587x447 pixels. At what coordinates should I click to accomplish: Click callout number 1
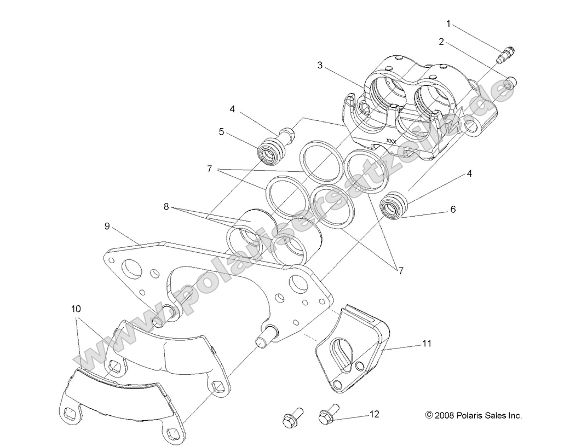(448, 24)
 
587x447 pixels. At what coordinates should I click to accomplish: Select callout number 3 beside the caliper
(319, 65)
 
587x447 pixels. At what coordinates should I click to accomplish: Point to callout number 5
(222, 131)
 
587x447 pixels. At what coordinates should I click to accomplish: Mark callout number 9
(108, 225)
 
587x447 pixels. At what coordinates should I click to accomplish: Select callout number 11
(427, 344)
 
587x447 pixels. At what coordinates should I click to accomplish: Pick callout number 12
(374, 415)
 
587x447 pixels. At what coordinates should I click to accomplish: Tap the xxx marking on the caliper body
(392, 141)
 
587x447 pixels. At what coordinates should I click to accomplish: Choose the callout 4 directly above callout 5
(232, 109)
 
